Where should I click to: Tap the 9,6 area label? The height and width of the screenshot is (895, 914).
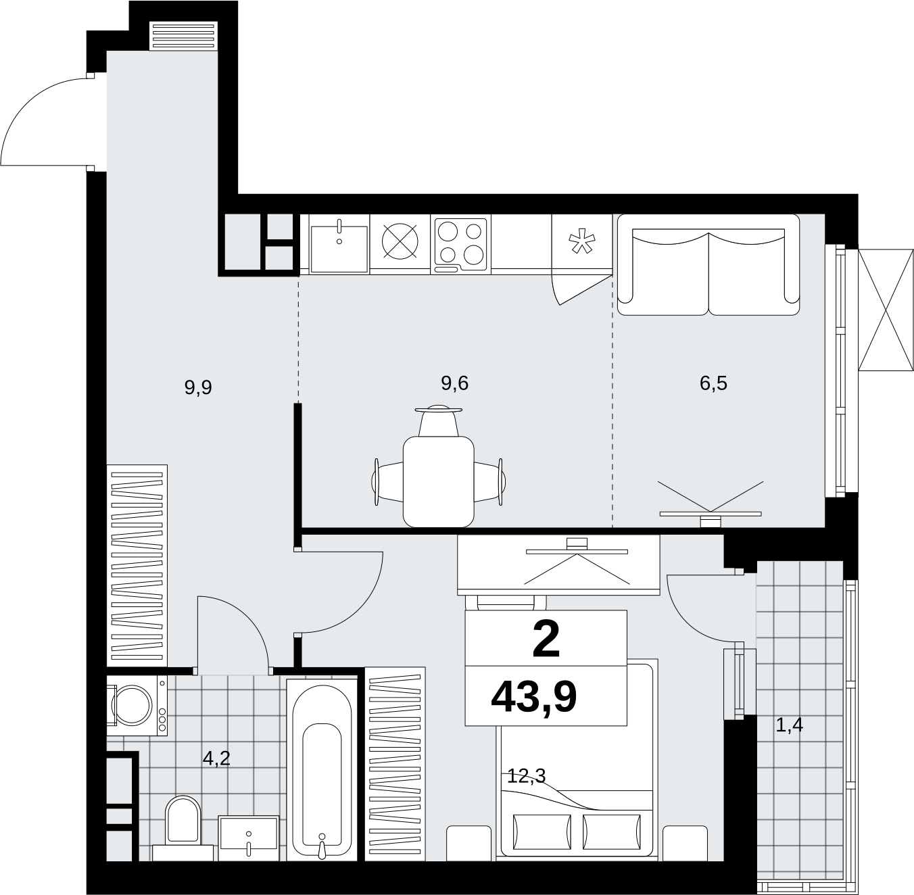click(x=454, y=383)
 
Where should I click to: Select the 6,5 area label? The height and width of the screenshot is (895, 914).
click(x=713, y=383)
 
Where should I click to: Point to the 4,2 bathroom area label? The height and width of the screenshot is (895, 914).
click(x=216, y=758)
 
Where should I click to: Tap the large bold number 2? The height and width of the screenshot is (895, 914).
click(x=546, y=640)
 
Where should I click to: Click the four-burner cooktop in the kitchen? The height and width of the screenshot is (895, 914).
click(x=460, y=245)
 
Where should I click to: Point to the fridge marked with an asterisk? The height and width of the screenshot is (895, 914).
click(x=582, y=244)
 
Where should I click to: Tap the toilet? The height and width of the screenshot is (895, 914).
click(x=183, y=834)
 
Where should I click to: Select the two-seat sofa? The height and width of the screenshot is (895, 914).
click(x=708, y=265)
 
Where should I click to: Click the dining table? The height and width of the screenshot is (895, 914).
click(x=438, y=481)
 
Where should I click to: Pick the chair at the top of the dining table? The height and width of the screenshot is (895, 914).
click(x=438, y=421)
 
